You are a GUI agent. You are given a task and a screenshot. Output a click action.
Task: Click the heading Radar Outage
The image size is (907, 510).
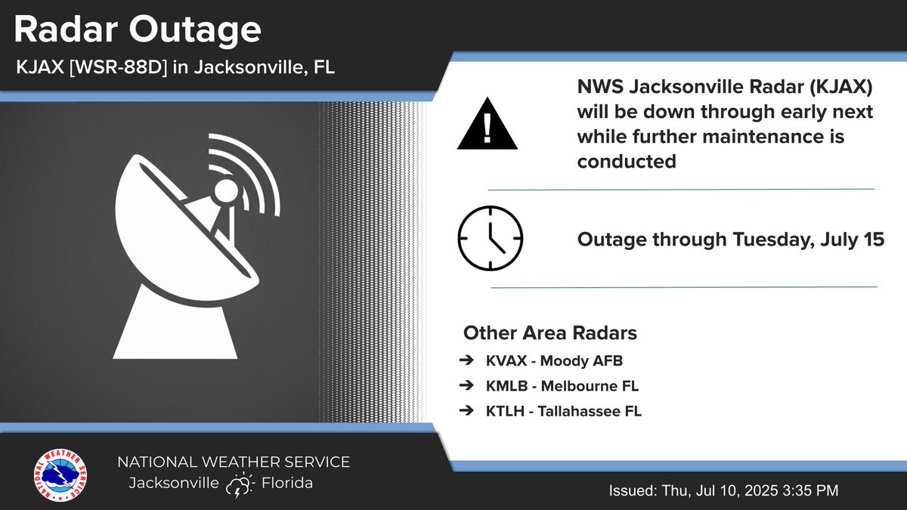pyautogui.click(x=138, y=30)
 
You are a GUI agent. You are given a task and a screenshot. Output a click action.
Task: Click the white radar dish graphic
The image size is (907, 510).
pyautogui.click(x=197, y=249)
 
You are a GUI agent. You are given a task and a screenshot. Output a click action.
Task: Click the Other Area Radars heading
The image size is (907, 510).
pyautogui.click(x=540, y=333)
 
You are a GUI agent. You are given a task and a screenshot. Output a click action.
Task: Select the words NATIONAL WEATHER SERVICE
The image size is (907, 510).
pyautogui.click(x=233, y=462)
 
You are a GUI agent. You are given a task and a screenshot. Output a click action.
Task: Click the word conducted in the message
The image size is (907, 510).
pyautogui.click(x=627, y=161)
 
